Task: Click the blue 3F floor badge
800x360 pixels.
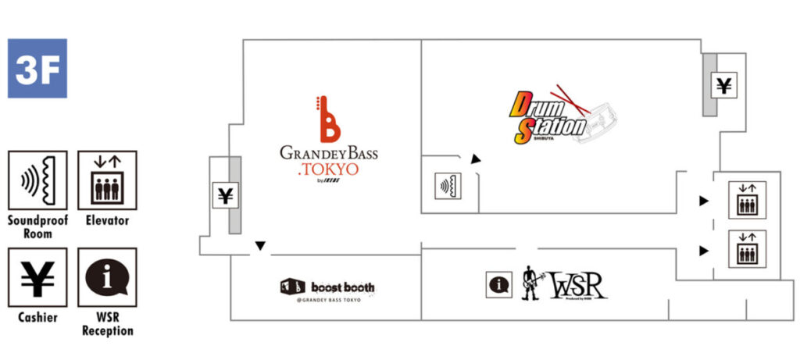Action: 37,69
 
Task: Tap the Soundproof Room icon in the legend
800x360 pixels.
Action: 37,180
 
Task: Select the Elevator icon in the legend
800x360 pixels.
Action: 107,180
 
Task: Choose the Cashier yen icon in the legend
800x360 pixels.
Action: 37,277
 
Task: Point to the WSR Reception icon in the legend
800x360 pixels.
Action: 107,277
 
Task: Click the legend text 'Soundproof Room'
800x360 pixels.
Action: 37,227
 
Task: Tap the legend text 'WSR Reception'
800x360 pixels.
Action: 107,325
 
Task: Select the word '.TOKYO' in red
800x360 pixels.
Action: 329,168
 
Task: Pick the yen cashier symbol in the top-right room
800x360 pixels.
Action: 724,85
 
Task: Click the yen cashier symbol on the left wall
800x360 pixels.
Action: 224,195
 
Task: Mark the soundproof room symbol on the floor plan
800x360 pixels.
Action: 449,187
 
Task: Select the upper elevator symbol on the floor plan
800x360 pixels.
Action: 747,200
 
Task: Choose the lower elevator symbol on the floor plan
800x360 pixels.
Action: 747,249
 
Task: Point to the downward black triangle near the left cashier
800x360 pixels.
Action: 261,246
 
